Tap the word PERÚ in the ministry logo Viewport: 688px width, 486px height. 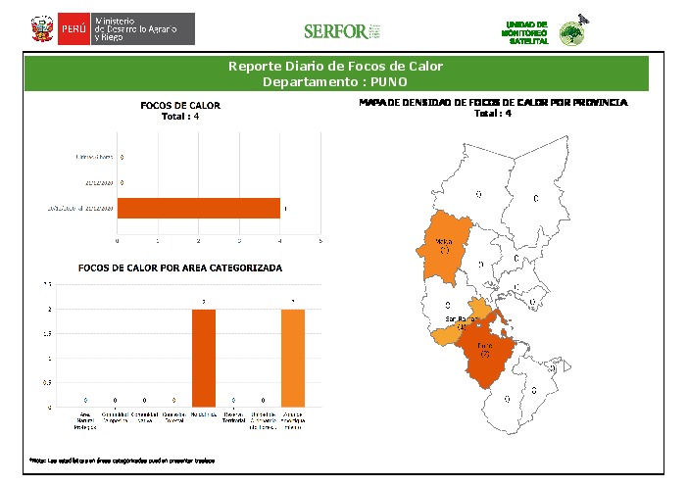tap(74, 29)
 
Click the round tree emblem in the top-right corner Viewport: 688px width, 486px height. tap(569, 34)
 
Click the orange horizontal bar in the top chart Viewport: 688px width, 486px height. tap(199, 208)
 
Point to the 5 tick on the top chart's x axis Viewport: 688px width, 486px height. tap(320, 240)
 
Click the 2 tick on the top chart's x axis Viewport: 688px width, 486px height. tap(199, 240)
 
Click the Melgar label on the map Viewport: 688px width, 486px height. tap(443, 240)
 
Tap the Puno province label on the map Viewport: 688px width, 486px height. tap(484, 347)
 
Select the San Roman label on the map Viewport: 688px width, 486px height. tap(461, 319)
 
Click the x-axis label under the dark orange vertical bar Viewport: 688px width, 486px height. tap(204, 416)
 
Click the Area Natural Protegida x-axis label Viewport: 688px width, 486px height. tap(87, 420)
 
